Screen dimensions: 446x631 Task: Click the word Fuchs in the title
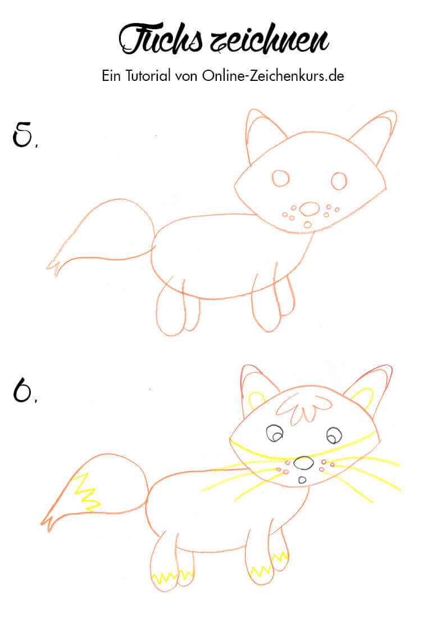[161, 39]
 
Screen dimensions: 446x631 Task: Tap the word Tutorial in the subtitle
[148, 76]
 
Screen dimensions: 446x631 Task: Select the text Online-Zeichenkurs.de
[273, 76]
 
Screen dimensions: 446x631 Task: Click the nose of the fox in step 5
[310, 209]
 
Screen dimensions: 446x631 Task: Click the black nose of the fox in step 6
[304, 463]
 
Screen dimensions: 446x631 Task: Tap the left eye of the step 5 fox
[280, 178]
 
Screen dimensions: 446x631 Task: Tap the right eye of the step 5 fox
[339, 181]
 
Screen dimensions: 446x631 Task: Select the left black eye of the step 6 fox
[275, 433]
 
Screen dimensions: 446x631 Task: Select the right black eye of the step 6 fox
[334, 435]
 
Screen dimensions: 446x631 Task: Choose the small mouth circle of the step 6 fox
[302, 479]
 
